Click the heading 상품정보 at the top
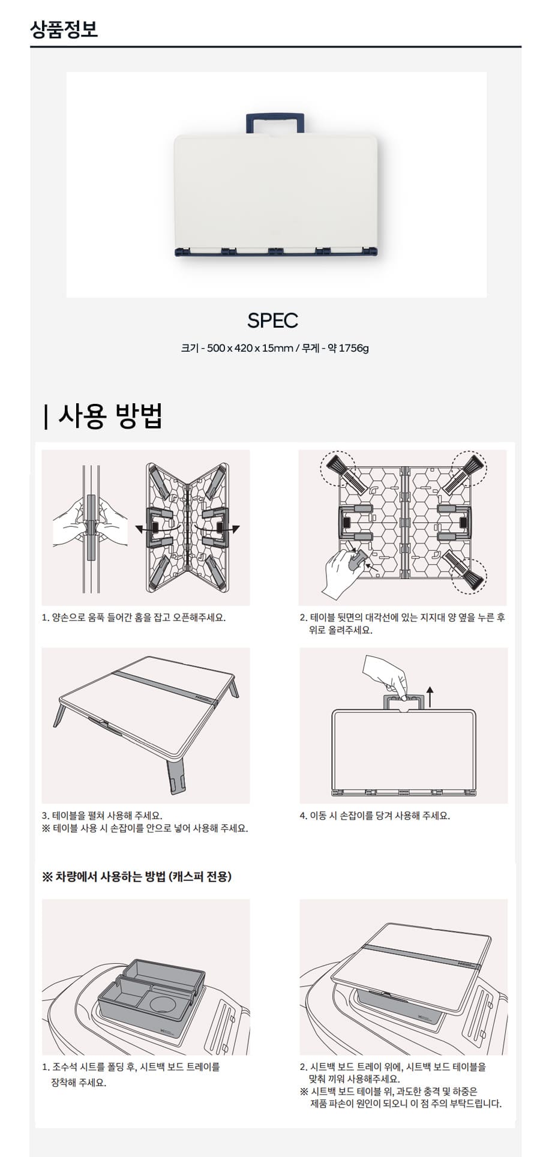[x=64, y=29]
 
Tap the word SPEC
[x=273, y=320]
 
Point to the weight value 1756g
[x=353, y=348]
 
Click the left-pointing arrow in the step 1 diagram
[x=143, y=529]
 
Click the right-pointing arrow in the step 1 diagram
[x=232, y=529]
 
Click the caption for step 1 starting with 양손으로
[x=134, y=618]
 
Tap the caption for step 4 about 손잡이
[x=375, y=816]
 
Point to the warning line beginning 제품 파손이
[x=406, y=1103]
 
